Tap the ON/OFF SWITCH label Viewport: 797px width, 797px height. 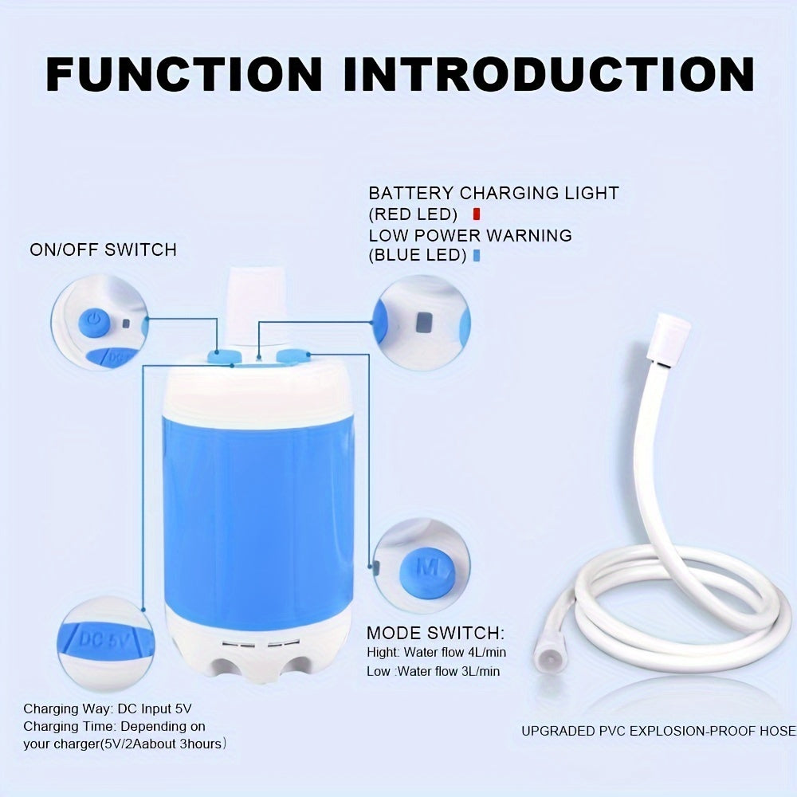[103, 249]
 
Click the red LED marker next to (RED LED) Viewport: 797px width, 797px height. [476, 214]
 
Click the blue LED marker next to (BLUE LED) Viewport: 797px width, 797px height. [476, 256]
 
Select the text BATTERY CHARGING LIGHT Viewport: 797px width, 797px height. [493, 193]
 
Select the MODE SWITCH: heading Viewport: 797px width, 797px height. [435, 634]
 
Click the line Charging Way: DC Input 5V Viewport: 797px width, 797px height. [108, 708]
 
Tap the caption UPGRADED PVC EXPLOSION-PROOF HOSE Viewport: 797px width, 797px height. [658, 731]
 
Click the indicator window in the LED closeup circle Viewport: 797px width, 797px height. [422, 322]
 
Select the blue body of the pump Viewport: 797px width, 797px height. [257, 510]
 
